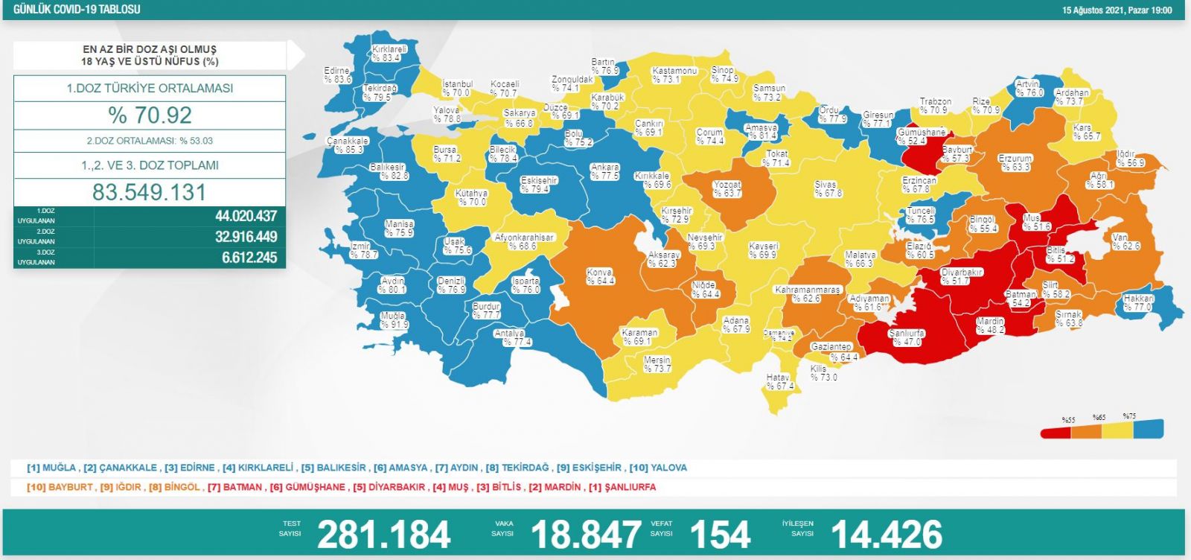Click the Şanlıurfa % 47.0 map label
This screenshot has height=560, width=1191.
906,337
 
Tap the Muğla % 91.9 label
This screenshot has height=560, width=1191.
394,320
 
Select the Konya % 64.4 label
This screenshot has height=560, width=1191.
600,276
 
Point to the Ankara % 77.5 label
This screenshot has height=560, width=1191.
605,172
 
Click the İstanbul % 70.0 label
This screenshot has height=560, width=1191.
457,89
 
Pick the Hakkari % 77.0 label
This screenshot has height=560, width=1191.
1138,302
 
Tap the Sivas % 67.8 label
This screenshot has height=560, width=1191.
827,188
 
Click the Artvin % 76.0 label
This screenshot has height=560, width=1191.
1029,89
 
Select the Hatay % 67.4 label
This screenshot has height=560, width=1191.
779,382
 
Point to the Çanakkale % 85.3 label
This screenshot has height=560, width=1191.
348,145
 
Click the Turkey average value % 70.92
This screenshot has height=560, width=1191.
150,115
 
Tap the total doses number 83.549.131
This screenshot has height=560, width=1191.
150,192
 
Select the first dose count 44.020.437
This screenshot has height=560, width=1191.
246,216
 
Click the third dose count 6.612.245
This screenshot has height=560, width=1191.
249,258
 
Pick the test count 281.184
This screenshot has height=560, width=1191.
383,534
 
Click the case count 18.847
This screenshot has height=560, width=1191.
586,534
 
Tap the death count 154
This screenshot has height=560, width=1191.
719,534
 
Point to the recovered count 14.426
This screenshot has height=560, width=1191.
886,534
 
